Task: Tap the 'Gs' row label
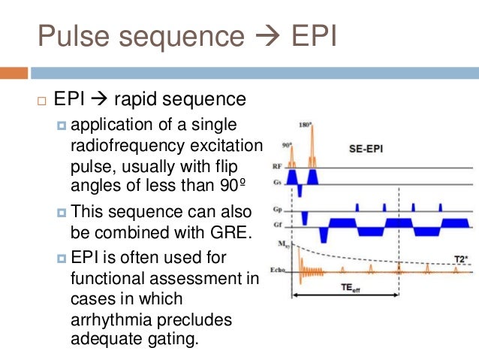click(x=276, y=180)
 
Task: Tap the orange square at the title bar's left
click(x=14, y=73)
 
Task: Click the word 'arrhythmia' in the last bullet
click(x=110, y=320)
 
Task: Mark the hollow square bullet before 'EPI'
click(x=41, y=101)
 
